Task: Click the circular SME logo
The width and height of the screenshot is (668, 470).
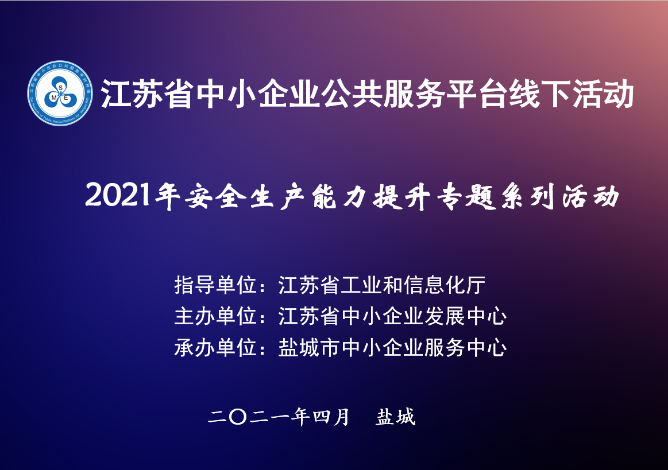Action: click(60, 93)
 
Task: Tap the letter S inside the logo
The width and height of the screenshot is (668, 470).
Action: click(60, 88)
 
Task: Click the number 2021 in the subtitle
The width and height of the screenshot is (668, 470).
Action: click(118, 196)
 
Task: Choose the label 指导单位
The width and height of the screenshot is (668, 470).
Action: click(215, 285)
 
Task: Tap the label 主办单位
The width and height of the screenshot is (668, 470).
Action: click(215, 316)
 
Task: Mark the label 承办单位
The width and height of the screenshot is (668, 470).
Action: click(215, 348)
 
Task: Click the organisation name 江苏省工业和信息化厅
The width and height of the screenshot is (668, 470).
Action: click(382, 285)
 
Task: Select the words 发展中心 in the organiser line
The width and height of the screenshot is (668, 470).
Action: click(465, 316)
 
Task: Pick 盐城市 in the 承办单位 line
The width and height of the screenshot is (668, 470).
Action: click(309, 348)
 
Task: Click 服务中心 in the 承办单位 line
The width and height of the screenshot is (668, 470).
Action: click(465, 348)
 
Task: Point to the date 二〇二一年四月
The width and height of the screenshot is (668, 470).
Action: click(279, 417)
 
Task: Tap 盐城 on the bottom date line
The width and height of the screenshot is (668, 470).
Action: click(395, 417)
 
